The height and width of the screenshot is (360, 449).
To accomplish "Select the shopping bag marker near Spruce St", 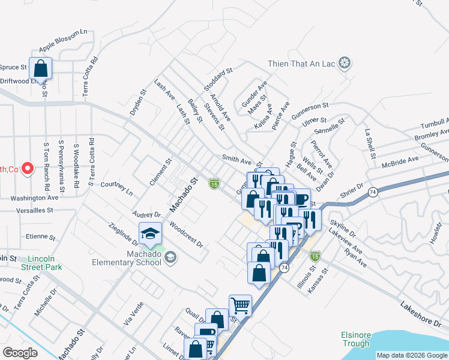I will (x=40, y=70).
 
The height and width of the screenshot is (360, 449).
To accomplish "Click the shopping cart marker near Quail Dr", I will (x=240, y=306).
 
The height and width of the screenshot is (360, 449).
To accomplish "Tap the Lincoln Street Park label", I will (x=45, y=262).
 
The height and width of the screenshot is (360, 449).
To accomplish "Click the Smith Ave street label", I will (x=237, y=161).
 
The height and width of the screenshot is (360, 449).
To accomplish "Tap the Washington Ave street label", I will (x=34, y=197).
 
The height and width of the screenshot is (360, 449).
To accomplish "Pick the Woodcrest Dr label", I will (x=186, y=236).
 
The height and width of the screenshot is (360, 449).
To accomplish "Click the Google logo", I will (x=20, y=353).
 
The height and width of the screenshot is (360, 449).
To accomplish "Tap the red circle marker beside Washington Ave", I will (x=27, y=169).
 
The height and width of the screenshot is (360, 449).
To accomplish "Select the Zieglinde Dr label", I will (x=124, y=232).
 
